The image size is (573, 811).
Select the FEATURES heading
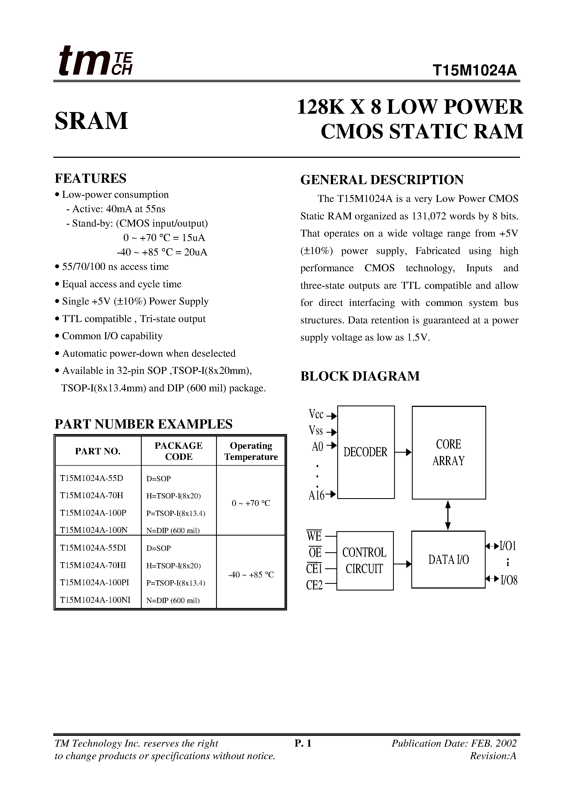[90, 178]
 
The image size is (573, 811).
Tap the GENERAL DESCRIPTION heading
[382, 180]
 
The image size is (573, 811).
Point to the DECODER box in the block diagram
[366, 452]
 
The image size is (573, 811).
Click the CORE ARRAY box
[449, 452]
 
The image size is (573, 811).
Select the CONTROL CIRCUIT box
[364, 561]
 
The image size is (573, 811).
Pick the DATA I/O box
[448, 559]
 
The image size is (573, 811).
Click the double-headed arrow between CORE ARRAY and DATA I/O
[448, 515]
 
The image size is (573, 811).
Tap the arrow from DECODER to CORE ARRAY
[403, 452]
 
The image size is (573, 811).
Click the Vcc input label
[316, 414]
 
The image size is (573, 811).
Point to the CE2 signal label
[315, 585]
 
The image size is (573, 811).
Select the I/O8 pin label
[509, 580]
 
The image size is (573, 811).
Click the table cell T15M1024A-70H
[92, 495]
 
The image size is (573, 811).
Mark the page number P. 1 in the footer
[303, 744]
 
